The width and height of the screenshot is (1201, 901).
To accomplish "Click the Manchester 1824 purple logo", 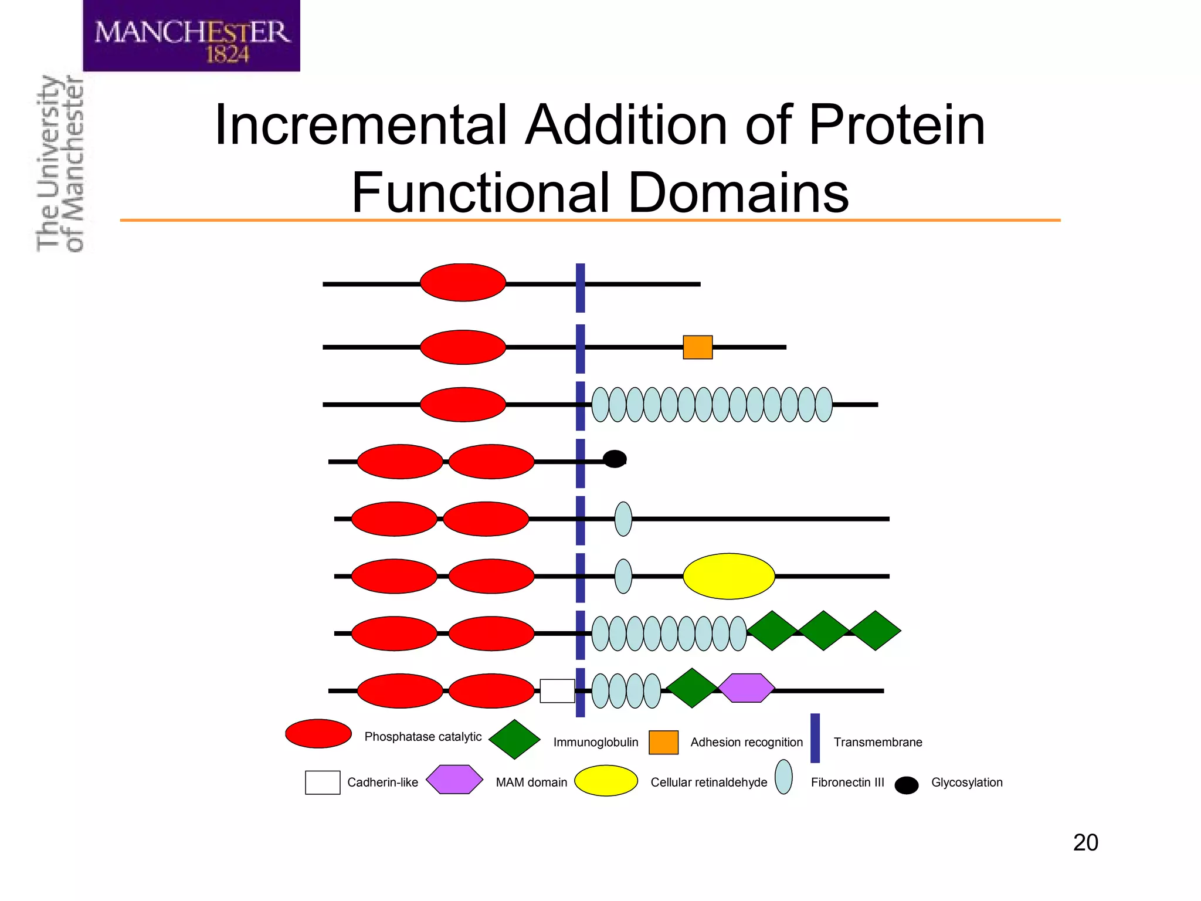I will tap(191, 36).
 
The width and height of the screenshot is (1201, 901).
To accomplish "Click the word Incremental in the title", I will tap(360, 125).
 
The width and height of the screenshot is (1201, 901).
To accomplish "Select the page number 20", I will tap(1085, 842).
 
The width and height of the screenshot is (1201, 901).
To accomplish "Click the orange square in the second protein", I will tap(697, 347).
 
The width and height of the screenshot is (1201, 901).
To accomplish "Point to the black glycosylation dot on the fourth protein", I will tap(615, 459).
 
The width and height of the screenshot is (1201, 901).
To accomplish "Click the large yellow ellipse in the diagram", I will tap(728, 576).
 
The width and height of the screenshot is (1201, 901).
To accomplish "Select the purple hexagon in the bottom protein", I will tap(746, 688).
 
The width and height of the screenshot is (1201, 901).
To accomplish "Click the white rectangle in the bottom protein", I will tap(557, 690).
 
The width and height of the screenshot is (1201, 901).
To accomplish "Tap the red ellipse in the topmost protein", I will tap(463, 283).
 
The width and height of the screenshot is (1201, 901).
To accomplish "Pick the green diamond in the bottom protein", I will tap(692, 688).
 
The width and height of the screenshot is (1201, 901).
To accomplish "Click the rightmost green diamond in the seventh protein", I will tap(875, 631).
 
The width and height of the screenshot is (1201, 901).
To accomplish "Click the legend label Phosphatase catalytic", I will tap(423, 737).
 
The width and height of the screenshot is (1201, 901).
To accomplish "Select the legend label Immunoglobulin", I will tap(595, 743).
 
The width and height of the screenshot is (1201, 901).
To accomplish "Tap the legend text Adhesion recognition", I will tap(746, 743).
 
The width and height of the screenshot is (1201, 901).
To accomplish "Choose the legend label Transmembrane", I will tap(877, 743).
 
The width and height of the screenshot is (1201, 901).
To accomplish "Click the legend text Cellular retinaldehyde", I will tap(708, 783).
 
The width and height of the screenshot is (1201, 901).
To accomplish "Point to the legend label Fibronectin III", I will tap(847, 783).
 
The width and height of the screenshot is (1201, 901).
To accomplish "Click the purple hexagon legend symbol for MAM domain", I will tap(454, 780).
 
